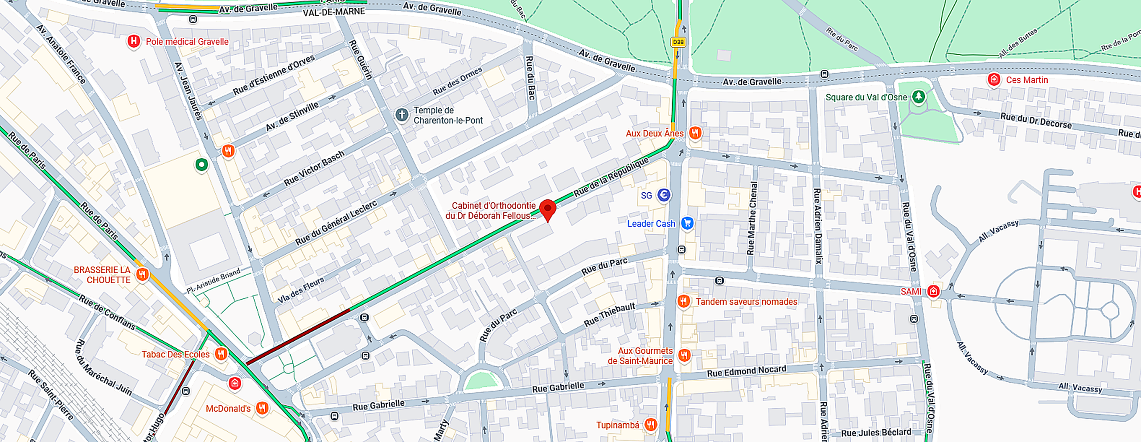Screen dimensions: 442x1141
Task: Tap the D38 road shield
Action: [678, 42]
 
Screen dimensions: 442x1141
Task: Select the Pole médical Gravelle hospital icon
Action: [134, 41]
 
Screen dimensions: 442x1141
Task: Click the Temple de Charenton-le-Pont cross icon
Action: [402, 115]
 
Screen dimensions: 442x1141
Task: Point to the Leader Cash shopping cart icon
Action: [687, 223]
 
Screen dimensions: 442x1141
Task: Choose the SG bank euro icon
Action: [664, 195]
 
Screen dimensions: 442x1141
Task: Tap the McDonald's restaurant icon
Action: [262, 408]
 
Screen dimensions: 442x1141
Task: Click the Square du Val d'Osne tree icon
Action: [918, 96]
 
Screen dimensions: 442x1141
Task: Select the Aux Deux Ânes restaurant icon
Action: [695, 132]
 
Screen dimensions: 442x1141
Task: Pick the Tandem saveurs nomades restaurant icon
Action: [684, 302]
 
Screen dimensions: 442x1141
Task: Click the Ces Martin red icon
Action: [993, 79]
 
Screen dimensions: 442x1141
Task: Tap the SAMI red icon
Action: [933, 291]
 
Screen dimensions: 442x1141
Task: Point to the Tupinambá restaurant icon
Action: [651, 425]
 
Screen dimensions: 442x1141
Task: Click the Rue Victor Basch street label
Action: [314, 168]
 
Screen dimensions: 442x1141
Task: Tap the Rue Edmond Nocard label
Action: [746, 371]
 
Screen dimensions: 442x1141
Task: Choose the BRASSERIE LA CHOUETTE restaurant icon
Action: [142, 274]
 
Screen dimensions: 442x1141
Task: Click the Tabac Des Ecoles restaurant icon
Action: [221, 354]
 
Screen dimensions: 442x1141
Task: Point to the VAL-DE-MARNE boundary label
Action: [334, 12]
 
